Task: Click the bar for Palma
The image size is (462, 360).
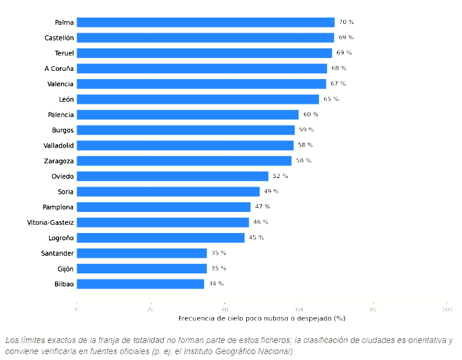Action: tap(206, 22)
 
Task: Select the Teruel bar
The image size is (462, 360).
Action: tap(205, 53)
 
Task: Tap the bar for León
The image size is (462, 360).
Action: tap(198, 100)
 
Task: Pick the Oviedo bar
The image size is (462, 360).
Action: tap(173, 176)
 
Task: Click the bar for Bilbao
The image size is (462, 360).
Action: tap(140, 284)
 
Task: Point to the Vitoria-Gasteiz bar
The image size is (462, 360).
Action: tap(163, 222)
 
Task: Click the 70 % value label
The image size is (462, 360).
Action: tap(346, 22)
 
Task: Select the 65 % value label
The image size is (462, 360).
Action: tap(331, 99)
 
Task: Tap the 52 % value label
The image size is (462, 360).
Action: tap(280, 176)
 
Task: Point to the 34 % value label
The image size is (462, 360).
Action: tap(216, 284)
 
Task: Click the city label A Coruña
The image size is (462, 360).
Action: tap(59, 68)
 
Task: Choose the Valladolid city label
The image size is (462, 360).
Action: tap(58, 146)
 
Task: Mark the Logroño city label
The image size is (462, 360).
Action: tap(61, 238)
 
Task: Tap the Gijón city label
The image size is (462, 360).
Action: tap(65, 269)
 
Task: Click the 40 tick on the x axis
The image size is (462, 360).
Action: tap(225, 309)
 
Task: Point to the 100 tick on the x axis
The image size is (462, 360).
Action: tap(447, 309)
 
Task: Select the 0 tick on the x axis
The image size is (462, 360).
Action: tap(77, 309)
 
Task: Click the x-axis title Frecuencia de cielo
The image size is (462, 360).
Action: tap(261, 318)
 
